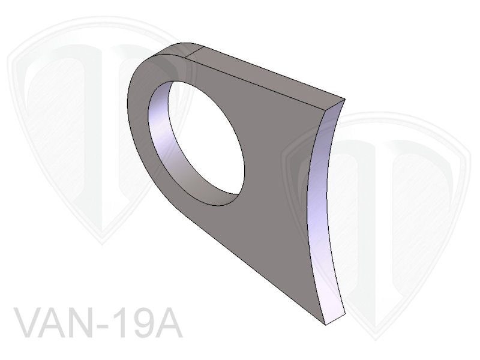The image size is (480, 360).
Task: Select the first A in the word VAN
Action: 57,325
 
